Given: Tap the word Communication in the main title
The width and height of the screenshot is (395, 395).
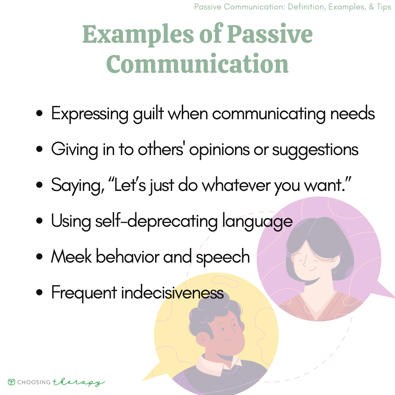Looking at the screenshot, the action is point(197,64).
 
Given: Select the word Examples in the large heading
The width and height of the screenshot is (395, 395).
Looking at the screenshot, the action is point(138,35).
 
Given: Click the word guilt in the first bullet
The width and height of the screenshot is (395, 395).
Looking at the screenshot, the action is point(148,114).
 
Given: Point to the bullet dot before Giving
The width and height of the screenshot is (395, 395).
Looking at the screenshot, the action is point(39,149).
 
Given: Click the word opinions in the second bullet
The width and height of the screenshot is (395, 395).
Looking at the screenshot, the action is point(219,150).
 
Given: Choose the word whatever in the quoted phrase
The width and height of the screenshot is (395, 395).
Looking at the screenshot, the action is point(236,185).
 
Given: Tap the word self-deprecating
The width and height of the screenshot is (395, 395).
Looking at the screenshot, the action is point(157,221).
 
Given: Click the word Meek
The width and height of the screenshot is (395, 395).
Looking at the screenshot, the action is point(71,256).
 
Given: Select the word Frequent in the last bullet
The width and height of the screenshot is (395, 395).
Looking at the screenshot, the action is point(84,293).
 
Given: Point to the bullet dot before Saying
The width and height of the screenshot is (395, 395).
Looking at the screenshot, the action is point(39,185).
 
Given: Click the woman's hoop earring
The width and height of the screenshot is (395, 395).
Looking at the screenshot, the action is point(334,270).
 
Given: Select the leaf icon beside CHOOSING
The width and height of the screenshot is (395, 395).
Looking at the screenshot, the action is point(11,382).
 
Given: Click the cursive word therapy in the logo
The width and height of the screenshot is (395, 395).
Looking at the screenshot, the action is point(78,383).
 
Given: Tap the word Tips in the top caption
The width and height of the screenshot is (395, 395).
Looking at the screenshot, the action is point(384,7).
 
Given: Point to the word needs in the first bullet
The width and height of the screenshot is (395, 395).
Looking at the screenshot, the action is point(353,114).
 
